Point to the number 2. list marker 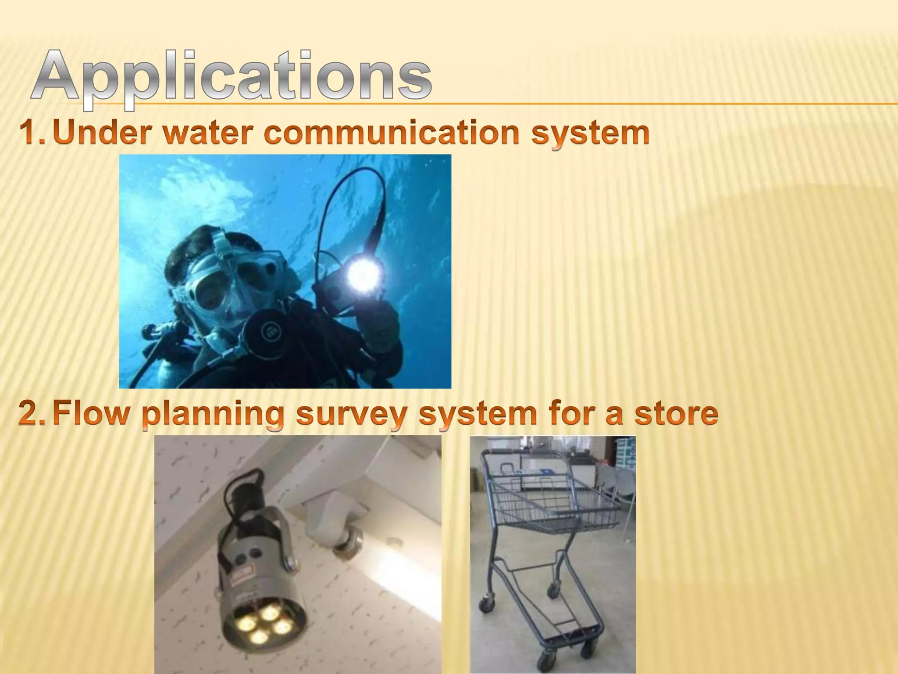[32, 414]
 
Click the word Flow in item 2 [90, 413]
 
